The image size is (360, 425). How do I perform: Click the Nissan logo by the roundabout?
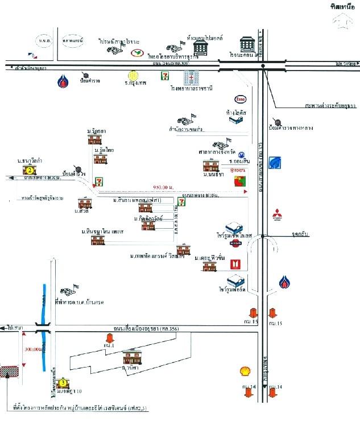pyautogui.click(x=235, y=244)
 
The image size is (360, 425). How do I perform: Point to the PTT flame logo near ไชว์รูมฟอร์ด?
pyautogui.click(x=284, y=282)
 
